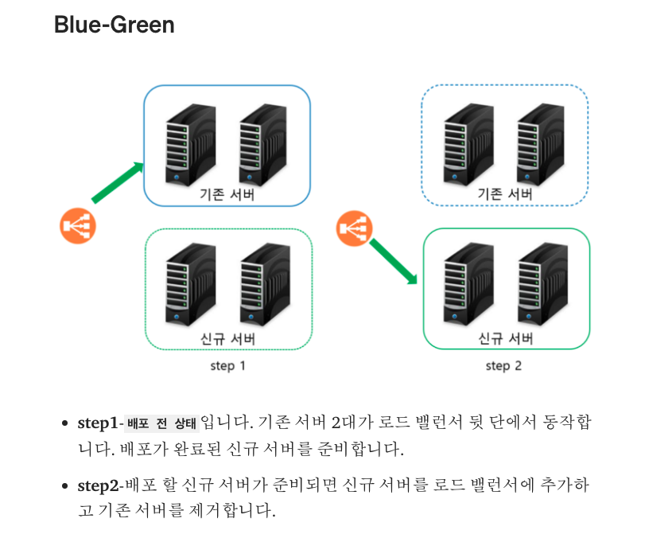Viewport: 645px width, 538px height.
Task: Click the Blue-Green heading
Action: [114, 25]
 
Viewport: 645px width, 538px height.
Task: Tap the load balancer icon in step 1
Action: [78, 226]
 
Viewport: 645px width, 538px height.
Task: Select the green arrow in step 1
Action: [117, 182]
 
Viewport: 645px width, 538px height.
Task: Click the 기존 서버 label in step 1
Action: [227, 194]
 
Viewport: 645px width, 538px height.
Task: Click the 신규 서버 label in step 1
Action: [227, 338]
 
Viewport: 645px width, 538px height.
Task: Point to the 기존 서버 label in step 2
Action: [504, 194]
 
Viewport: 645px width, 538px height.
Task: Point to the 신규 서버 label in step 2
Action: [504, 338]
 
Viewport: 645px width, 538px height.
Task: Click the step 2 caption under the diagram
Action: [503, 366]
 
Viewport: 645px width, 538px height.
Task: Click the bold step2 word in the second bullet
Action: [98, 485]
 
